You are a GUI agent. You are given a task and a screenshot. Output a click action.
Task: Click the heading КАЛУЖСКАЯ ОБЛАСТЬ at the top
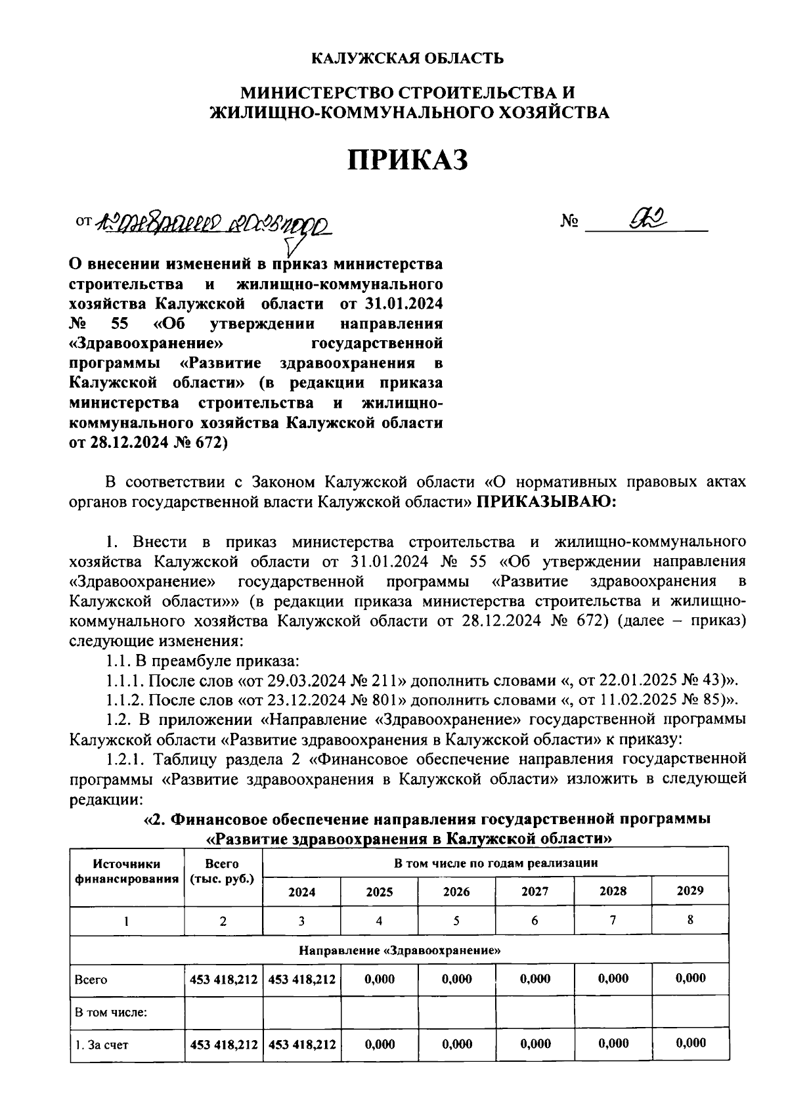click(407, 58)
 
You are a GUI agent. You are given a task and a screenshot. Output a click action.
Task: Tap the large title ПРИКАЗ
click(407, 160)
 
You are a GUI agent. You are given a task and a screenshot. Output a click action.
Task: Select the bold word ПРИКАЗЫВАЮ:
click(546, 502)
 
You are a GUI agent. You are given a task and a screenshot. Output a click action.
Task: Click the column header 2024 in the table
click(301, 892)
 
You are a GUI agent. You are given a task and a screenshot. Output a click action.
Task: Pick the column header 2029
click(689, 890)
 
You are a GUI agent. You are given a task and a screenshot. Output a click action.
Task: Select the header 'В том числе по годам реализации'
click(496, 863)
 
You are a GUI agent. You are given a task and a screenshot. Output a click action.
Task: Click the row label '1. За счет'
click(102, 1044)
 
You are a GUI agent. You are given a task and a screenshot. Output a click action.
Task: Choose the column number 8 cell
click(690, 920)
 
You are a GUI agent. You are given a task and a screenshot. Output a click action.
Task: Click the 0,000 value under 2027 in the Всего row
click(535, 979)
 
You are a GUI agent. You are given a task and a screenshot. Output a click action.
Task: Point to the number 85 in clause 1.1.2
click(712, 699)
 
